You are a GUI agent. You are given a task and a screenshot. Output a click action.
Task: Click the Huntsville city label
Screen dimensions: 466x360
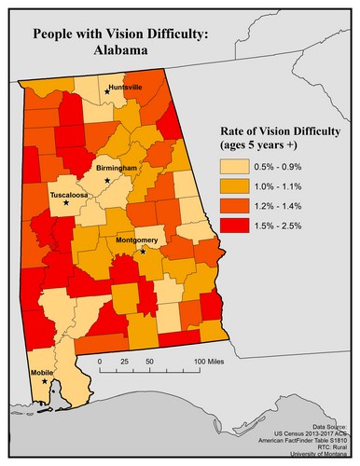click(125, 87)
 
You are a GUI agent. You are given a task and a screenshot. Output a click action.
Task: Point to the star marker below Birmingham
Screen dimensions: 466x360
click(107, 179)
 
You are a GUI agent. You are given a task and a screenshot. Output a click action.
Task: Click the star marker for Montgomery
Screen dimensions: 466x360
click(143, 251)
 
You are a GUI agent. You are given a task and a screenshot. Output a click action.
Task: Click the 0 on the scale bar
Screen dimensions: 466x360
click(99, 361)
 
